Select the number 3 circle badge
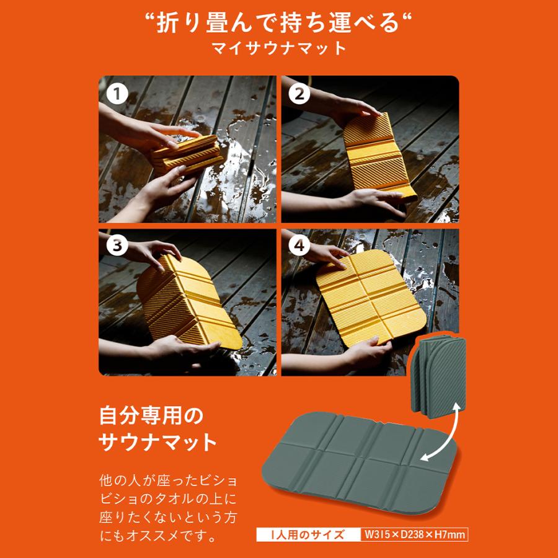pyautogui.click(x=116, y=246)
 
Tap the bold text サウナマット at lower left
pyautogui.click(x=158, y=443)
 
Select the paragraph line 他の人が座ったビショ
pyautogui.click(x=168, y=480)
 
